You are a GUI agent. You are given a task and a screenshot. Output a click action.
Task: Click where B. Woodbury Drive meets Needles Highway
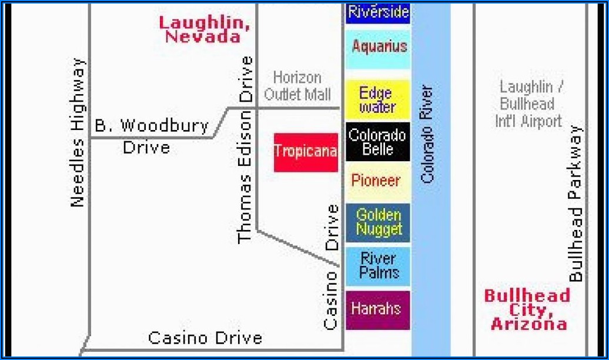(90, 137)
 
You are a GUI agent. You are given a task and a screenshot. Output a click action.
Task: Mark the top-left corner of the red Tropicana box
(274, 134)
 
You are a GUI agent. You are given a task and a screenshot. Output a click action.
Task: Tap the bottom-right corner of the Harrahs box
(410, 329)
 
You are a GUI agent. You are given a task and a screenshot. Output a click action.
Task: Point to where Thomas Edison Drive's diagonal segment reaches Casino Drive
(341, 266)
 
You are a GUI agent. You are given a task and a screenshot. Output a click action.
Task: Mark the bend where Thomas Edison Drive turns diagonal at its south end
(257, 231)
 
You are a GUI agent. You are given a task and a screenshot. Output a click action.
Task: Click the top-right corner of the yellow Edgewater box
(410, 81)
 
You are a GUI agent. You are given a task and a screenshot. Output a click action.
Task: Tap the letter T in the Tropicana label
(276, 151)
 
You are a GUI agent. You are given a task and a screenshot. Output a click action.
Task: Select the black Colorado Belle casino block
(377, 142)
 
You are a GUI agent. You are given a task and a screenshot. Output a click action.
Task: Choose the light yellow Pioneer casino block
(377, 181)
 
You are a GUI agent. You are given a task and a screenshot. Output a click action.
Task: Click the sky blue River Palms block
(377, 266)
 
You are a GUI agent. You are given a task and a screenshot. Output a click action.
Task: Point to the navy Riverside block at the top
(377, 13)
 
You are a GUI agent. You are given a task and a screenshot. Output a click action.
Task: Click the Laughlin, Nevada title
(205, 29)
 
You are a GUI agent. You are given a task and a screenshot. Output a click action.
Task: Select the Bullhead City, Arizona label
(527, 310)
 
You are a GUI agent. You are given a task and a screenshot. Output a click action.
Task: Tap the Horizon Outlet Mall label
(297, 86)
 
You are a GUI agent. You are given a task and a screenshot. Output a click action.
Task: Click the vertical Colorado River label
(427, 134)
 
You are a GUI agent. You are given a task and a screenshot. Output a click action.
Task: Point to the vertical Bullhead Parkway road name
(575, 204)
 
